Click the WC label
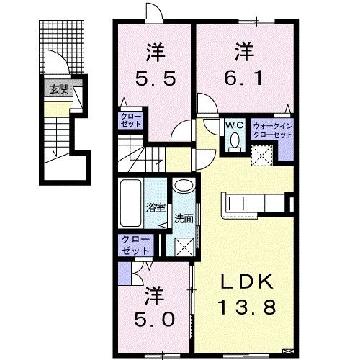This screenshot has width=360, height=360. click(235, 125)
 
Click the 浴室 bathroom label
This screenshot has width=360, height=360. click(156, 206)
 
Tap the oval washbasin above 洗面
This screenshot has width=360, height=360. click(184, 186)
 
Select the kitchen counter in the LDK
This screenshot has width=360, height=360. click(252, 204)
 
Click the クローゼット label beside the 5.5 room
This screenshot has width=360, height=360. click(131, 119)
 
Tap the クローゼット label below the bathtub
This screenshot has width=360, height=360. click(135, 245)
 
